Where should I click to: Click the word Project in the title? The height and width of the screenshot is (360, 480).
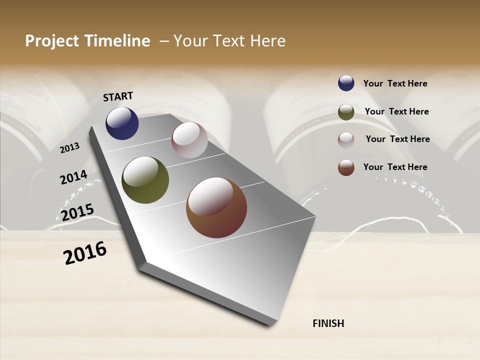[x=49, y=41]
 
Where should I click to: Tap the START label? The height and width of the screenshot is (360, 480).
[x=118, y=96]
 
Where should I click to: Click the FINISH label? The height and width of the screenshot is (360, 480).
[x=328, y=323]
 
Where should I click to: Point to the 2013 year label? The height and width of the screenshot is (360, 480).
[x=69, y=148]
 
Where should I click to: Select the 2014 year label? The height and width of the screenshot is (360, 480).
[x=73, y=177]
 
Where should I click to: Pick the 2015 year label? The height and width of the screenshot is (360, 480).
[x=77, y=212]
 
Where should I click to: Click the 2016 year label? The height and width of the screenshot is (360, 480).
[x=85, y=253]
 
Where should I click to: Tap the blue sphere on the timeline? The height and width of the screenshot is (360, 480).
[x=122, y=123]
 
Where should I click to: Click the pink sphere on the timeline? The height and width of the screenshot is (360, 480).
[x=189, y=140]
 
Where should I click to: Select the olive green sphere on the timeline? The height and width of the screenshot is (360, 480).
[x=145, y=180]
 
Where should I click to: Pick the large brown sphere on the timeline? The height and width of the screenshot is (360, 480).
[x=216, y=207]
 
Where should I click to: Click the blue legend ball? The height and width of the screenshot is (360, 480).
[x=346, y=83]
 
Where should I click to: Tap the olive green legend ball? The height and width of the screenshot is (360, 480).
[x=346, y=112]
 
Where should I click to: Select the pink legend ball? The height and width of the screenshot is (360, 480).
[x=346, y=140]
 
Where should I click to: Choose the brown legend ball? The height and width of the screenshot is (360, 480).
[x=346, y=167]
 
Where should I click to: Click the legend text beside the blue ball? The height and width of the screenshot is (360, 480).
[x=395, y=83]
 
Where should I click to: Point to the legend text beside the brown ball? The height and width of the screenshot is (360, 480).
[x=395, y=167]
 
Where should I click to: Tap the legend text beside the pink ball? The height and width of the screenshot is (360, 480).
[x=398, y=139]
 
